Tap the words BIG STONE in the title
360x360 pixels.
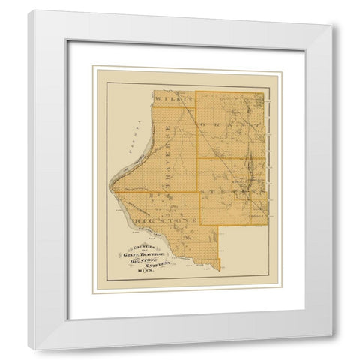coord(144,261)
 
